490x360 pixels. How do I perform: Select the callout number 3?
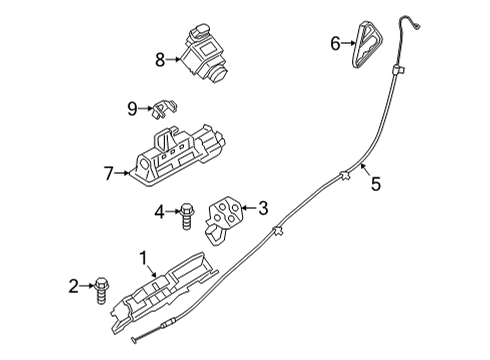(262, 209)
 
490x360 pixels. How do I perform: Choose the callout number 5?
(376, 183)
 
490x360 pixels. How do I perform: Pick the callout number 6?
(336, 42)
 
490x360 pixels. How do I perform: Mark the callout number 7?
(109, 172)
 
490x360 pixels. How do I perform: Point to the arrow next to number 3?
(247, 209)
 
